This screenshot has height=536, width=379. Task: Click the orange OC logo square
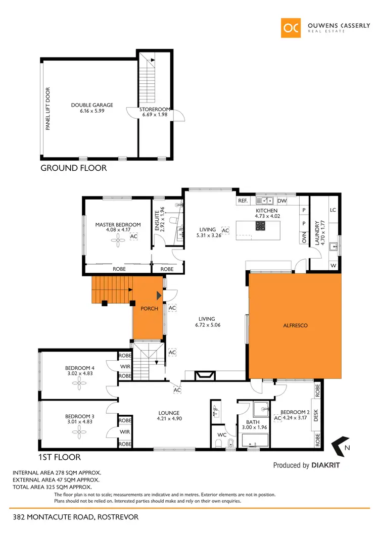pyautogui.click(x=292, y=28)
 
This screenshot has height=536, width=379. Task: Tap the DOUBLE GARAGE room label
pyautogui.click(x=92, y=105)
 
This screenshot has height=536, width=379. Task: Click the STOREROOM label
pyautogui.click(x=155, y=109)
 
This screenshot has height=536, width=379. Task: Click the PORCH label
pyautogui.click(x=150, y=308)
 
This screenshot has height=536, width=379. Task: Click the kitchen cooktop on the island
pyautogui.click(x=261, y=227)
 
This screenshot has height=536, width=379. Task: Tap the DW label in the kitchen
pyautogui.click(x=281, y=201)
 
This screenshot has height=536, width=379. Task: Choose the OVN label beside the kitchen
pyautogui.click(x=304, y=238)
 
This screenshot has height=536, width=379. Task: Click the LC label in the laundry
pyautogui.click(x=333, y=210)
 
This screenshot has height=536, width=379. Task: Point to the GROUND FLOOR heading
pyautogui.click(x=73, y=168)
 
